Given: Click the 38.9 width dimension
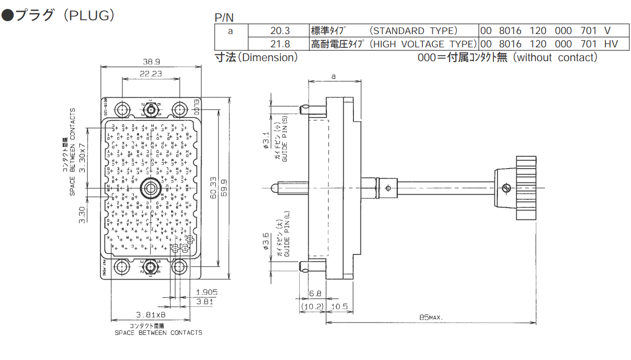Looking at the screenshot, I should [151, 62].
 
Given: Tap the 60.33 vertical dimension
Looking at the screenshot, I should [213, 188].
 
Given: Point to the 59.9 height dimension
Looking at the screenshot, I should [225, 188].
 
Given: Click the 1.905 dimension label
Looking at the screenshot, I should [207, 292].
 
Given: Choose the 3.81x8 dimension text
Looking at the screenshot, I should [151, 315].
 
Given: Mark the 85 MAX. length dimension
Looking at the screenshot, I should [431, 318].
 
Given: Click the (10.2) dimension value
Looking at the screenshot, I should [312, 307].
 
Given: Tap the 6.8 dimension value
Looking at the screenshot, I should [315, 293].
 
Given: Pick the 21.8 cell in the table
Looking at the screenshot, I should [280, 44].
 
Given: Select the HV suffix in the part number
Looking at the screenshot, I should [611, 44].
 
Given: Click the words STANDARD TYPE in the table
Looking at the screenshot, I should [414, 31].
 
